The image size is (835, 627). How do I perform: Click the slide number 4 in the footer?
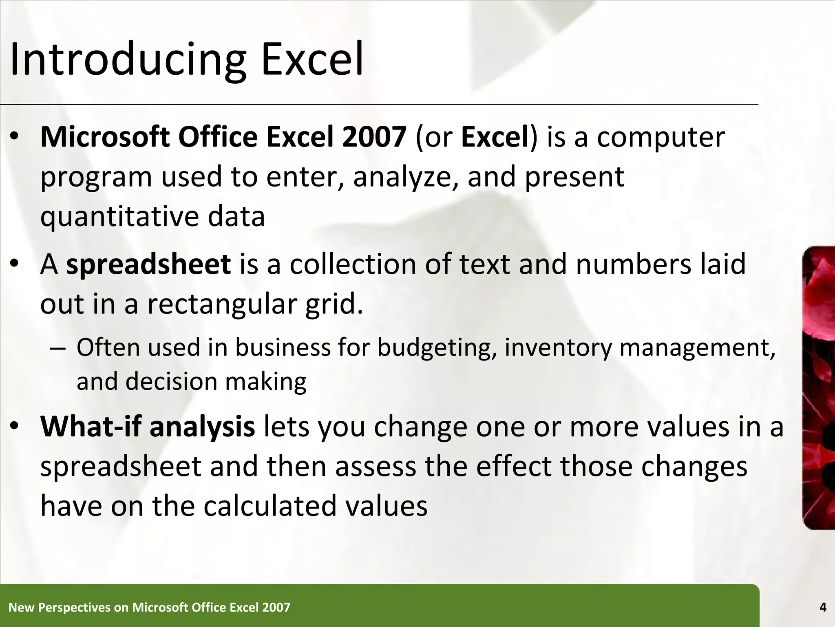coord(823,607)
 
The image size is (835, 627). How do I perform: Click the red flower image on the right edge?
coord(819,388)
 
